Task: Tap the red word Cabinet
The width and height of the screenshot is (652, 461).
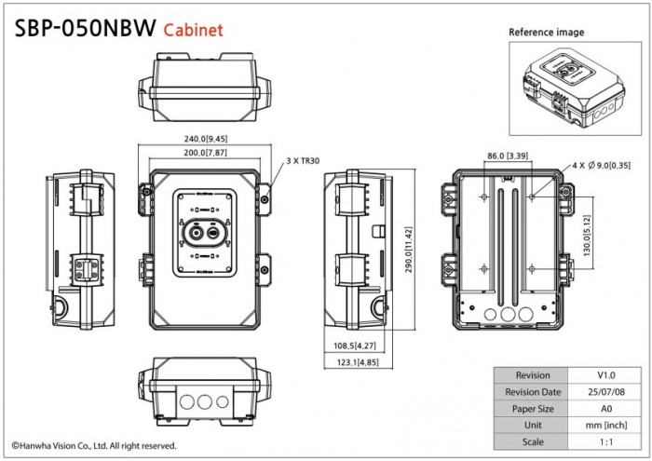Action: [x=194, y=29]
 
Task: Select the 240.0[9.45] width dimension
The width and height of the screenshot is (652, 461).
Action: [x=205, y=139]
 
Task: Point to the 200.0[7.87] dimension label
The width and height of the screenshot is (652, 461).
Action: [x=205, y=152]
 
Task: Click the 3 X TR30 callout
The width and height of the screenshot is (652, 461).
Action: [x=303, y=161]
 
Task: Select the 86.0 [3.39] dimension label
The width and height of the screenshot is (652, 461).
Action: [x=508, y=156]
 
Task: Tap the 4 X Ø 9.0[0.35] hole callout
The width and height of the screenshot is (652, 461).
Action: [x=601, y=164]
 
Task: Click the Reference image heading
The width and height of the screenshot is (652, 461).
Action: [x=547, y=33]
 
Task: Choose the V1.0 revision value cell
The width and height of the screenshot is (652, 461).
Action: [x=607, y=375]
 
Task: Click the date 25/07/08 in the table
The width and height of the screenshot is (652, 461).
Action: [x=607, y=392]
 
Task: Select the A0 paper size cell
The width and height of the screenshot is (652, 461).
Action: [x=607, y=408]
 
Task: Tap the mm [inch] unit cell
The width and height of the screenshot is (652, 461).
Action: [x=607, y=425]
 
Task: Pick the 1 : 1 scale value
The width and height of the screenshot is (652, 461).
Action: [x=607, y=441]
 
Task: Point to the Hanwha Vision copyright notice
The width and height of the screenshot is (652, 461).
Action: [x=93, y=446]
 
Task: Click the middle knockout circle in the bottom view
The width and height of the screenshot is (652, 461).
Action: [x=204, y=402]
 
